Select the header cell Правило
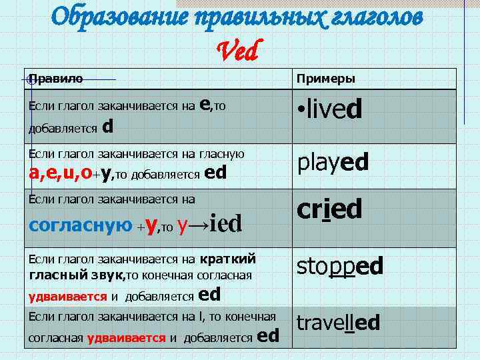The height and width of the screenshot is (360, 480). tap(57, 79)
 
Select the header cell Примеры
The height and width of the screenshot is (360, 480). tap(325, 79)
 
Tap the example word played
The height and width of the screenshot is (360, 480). tap(333, 162)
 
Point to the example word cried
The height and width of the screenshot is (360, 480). tap(329, 209)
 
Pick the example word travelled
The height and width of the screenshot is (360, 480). tap(338, 323)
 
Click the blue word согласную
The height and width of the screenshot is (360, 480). tap(81, 224)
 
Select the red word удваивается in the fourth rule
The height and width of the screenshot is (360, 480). tap(67, 297)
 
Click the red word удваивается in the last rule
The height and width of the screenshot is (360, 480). tap(126, 337)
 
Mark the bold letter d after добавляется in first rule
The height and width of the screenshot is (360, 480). tap(107, 125)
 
